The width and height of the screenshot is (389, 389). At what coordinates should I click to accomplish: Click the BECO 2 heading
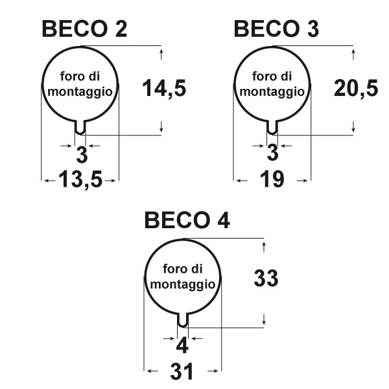[x=84, y=30]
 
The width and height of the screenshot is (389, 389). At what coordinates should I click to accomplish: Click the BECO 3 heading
[x=276, y=30]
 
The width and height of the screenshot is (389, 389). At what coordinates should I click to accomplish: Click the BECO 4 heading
[x=187, y=221]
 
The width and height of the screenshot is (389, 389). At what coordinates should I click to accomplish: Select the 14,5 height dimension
[x=164, y=88]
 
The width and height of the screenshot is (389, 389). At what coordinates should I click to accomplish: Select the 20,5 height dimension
[x=356, y=88]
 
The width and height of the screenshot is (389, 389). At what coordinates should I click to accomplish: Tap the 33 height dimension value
[x=266, y=279]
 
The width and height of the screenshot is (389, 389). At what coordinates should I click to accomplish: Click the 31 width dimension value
[x=183, y=371]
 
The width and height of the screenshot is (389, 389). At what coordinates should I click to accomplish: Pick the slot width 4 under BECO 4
[x=183, y=345]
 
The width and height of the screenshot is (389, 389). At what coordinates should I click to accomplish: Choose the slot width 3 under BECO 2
[x=82, y=154]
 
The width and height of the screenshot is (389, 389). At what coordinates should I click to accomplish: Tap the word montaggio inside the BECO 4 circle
[x=182, y=284]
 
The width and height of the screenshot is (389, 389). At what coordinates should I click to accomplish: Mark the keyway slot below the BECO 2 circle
[x=80, y=128]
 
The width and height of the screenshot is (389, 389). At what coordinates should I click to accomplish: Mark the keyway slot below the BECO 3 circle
[x=272, y=128]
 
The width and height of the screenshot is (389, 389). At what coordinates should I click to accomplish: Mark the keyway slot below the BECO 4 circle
[x=183, y=320]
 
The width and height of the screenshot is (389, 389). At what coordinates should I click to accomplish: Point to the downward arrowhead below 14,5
[x=161, y=126]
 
